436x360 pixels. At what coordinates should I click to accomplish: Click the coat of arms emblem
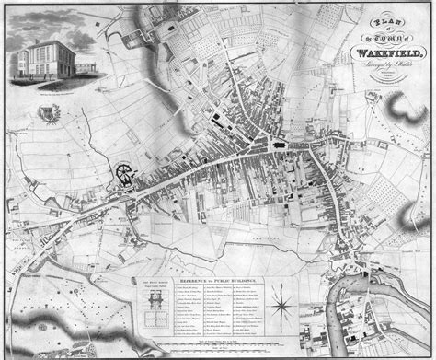pyautogui.click(x=46, y=114)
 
